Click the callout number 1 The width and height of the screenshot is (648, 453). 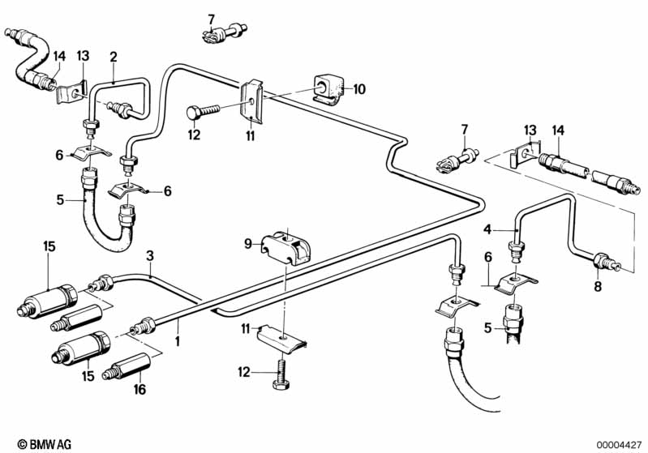coord(177,341)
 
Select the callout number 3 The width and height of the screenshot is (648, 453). coord(150,256)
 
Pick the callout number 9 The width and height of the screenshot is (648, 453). coord(249,241)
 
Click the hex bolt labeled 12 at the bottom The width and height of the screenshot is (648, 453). coord(283,374)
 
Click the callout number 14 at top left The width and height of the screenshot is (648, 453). coord(58,56)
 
